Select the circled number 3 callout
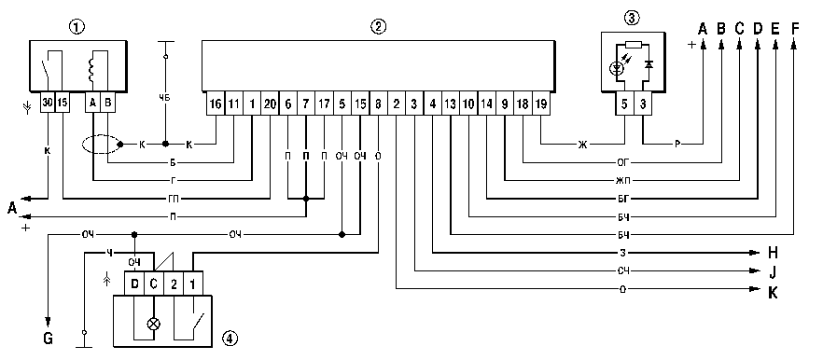coord(632,19)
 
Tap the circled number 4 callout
coord(230,338)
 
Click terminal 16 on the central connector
coord(216,104)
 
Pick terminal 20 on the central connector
coord(270,104)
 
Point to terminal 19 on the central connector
coord(541,104)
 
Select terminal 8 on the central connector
coord(379,104)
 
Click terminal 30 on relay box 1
coord(48,103)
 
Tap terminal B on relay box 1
coord(107,103)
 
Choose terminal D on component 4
coord(134,284)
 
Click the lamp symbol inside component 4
coord(154,324)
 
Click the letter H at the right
coord(773,253)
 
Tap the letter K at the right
coord(773,292)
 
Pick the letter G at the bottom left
coord(48,339)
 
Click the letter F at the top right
coord(795,28)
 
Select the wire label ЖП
coord(623,181)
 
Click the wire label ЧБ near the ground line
coord(165,97)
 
